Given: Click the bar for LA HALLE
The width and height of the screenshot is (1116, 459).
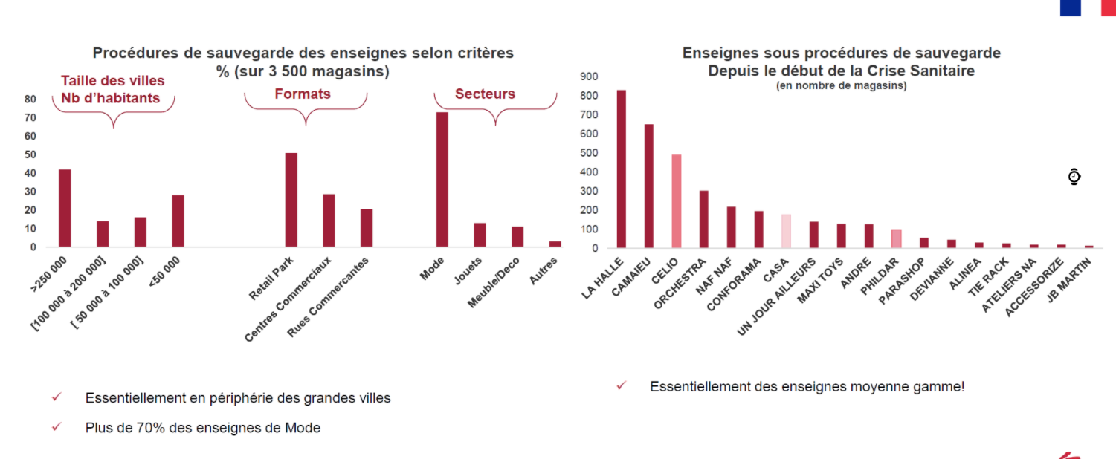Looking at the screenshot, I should click(621, 169).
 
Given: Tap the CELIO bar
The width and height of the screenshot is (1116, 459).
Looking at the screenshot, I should click(676, 201).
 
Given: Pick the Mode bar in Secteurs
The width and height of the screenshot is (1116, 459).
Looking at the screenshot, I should click(442, 179).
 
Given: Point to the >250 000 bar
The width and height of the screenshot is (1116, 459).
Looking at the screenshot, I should click(65, 208).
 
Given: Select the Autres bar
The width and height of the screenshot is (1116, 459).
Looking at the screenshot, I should click(555, 244).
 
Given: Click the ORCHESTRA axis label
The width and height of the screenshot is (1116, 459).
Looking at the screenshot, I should click(681, 283).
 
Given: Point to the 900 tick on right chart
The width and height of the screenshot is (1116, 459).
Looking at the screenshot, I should click(589, 76).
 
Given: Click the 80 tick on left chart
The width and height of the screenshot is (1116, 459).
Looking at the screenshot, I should click(30, 99).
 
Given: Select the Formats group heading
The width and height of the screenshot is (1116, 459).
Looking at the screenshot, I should click(303, 94).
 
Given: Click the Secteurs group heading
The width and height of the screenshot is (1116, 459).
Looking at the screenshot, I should click(485, 94).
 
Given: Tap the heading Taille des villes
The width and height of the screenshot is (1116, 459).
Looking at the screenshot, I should click(112, 81).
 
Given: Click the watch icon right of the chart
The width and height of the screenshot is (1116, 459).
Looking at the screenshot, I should click(1074, 177).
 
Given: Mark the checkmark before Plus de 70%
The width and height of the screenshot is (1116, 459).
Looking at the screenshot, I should click(57, 427).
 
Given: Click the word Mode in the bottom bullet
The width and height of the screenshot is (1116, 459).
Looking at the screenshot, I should click(305, 428).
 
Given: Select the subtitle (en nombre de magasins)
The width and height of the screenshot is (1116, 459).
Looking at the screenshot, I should click(841, 86).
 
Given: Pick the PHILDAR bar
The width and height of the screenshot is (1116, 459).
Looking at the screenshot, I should click(896, 238).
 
